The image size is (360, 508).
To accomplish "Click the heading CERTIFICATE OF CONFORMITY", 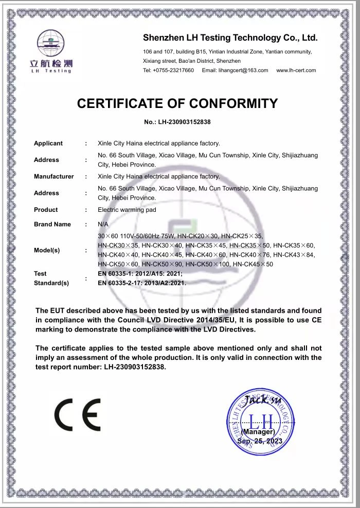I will (177, 103).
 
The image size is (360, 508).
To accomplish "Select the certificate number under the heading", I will (178, 122).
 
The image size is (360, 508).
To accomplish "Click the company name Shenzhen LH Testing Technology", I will (230, 38).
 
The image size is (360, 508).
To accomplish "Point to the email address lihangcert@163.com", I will (235, 70).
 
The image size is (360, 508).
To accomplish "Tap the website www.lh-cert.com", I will (296, 70).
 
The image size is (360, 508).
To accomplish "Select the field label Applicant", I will (48, 143).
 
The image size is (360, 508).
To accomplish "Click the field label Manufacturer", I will (54, 176).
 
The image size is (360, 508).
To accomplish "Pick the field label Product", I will (46, 210).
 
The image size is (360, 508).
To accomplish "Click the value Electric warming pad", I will (127, 210).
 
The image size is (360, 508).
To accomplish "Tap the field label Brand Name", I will (52, 224).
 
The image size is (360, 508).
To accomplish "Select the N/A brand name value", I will (103, 224).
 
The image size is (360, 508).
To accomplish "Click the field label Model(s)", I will (47, 250).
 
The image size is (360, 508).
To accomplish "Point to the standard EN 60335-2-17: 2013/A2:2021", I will (141, 283).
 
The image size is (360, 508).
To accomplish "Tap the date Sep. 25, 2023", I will (260, 441).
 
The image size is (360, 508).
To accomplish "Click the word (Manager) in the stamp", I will (258, 432).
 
